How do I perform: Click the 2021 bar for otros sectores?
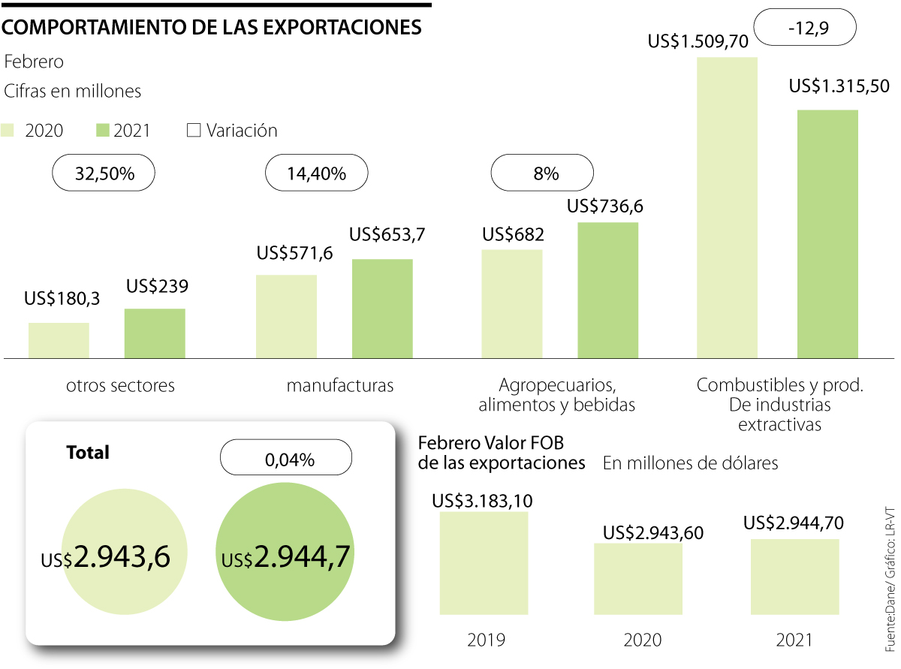pyautogui.click(x=155, y=333)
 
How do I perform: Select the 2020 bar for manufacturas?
pyautogui.click(x=286, y=316)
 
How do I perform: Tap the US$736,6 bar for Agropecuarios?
pyautogui.click(x=607, y=290)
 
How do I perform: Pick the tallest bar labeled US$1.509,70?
pyautogui.click(x=727, y=207)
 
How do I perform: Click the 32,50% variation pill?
pyautogui.click(x=104, y=174)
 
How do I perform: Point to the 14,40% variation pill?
pyautogui.click(x=317, y=174)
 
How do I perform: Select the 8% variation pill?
pyautogui.click(x=541, y=174)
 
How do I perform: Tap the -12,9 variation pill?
pyautogui.click(x=804, y=29)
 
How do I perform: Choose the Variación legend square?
pyautogui.click(x=194, y=131)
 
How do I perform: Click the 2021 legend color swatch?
pyautogui.click(x=103, y=131)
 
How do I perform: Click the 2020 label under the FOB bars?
pyautogui.click(x=642, y=640)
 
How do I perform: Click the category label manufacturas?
pyautogui.click(x=339, y=386)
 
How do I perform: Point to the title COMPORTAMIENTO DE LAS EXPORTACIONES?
pyautogui.click(x=212, y=27)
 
